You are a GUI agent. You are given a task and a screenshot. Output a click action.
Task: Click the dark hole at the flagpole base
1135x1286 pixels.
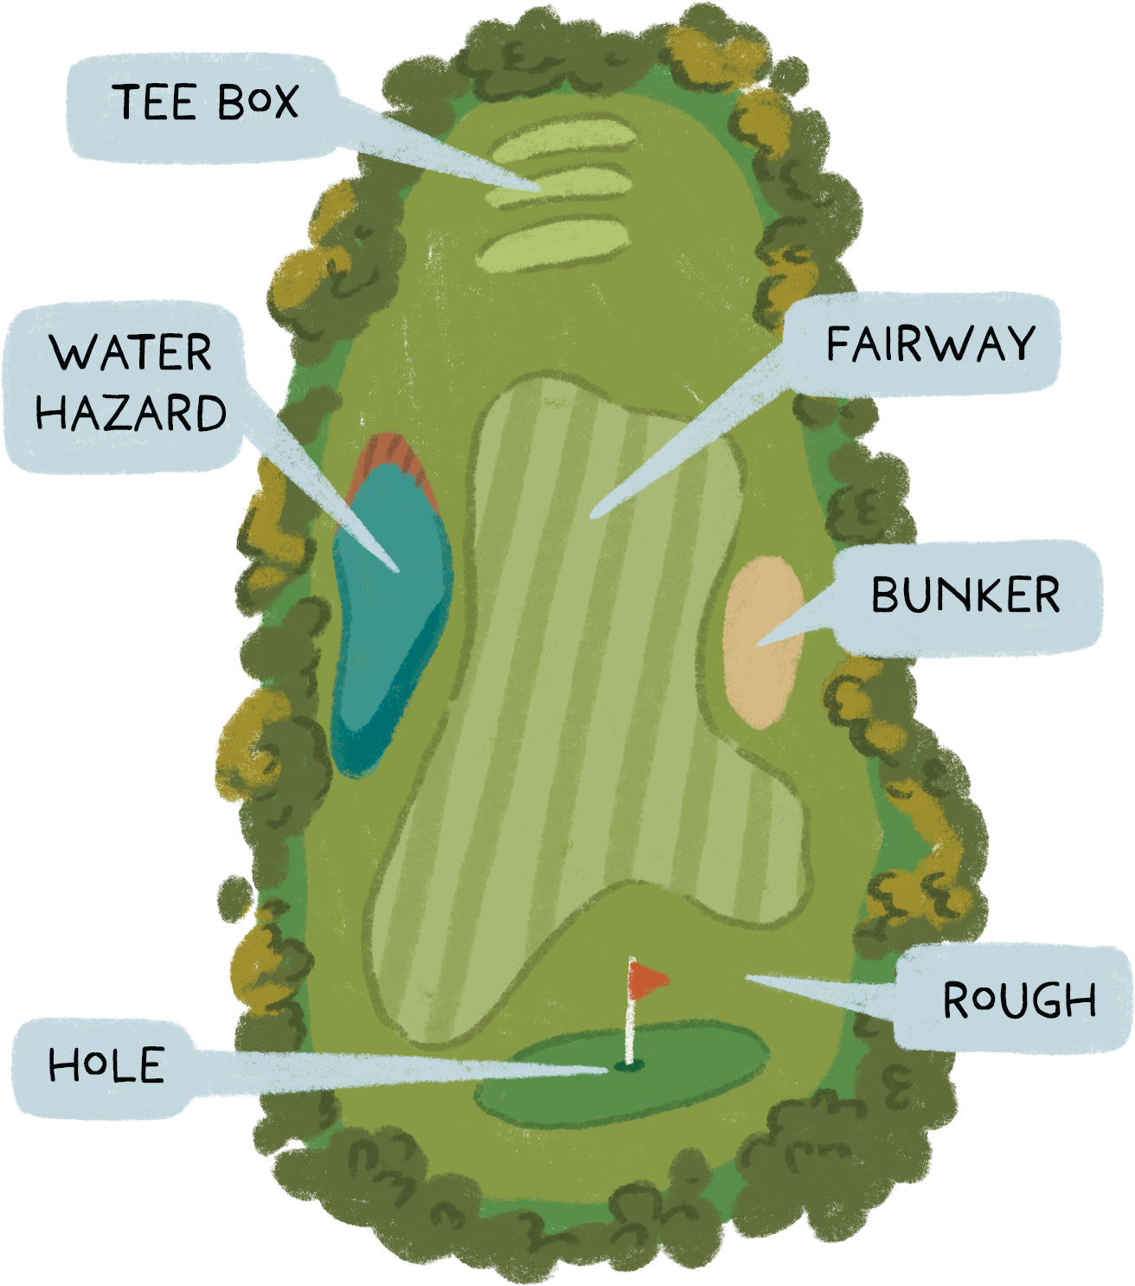click(629, 1065)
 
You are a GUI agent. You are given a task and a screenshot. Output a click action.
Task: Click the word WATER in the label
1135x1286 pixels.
click(131, 353)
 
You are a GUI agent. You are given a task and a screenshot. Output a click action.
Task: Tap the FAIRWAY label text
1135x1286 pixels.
click(931, 344)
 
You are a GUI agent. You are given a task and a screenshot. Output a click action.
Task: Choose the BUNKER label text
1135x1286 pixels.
click(965, 595)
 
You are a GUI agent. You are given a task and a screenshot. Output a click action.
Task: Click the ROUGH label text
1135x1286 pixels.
click(1019, 1000)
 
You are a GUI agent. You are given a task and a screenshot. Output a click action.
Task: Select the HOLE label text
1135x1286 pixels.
click(106, 1065)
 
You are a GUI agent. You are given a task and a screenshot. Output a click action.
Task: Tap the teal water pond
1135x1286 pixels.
click(389, 623)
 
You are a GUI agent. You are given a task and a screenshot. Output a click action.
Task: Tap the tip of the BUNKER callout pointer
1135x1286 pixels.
click(758, 644)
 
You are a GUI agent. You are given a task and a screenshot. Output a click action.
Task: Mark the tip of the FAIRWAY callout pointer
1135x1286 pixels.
click(592, 517)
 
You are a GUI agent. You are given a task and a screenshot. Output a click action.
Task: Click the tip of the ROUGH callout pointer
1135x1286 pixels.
click(746, 976)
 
